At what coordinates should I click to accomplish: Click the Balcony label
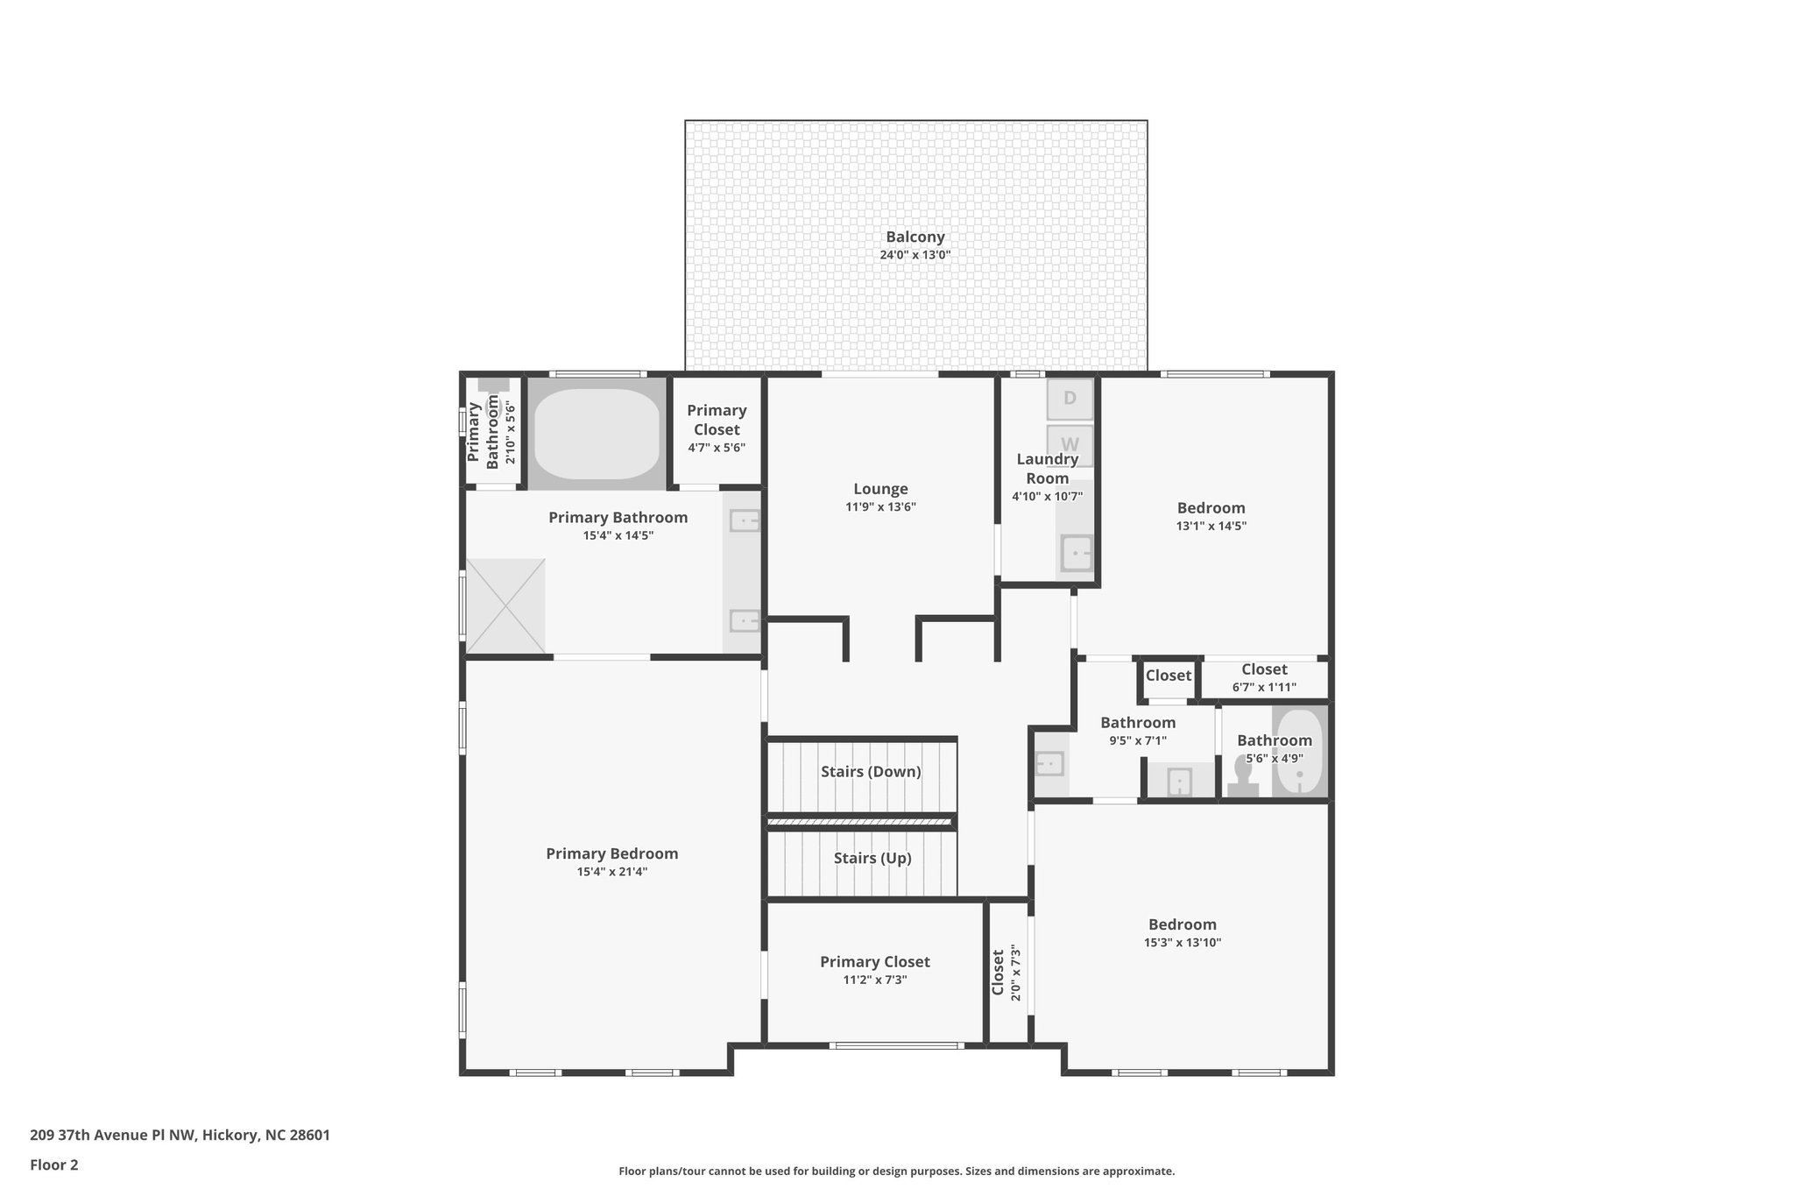(x=915, y=237)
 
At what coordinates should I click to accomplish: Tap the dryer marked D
(x=1070, y=399)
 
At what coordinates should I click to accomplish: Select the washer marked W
(x=1070, y=444)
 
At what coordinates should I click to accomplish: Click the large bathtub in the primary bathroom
(x=597, y=434)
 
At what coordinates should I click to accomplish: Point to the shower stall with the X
(x=505, y=605)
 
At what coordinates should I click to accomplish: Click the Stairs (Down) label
(x=870, y=772)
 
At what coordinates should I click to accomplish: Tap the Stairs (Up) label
(x=872, y=858)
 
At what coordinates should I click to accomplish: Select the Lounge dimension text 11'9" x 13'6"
(x=879, y=506)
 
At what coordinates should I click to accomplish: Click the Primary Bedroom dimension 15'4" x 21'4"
(x=611, y=872)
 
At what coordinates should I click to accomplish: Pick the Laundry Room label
(x=1047, y=469)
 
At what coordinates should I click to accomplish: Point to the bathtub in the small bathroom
(x=1298, y=753)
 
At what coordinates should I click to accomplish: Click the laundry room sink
(x=1077, y=553)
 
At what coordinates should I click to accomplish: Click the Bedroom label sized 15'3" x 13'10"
(x=1182, y=924)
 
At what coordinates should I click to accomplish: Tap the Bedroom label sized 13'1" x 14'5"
(x=1211, y=508)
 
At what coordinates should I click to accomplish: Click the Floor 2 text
(x=54, y=1164)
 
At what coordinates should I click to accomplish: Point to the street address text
(x=180, y=1135)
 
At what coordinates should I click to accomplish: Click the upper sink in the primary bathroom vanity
(x=744, y=521)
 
